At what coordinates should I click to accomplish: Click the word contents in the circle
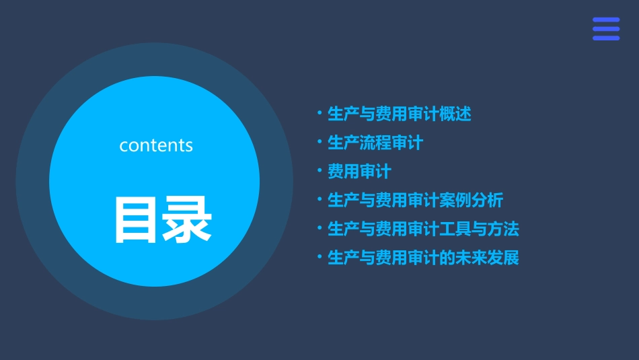click(x=156, y=145)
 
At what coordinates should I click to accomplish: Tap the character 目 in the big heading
click(x=137, y=220)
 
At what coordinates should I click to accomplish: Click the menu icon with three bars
click(x=606, y=29)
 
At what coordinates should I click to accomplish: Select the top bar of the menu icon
click(x=606, y=20)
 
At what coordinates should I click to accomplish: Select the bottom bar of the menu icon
click(x=606, y=38)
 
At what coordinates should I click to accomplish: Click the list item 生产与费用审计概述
click(x=399, y=114)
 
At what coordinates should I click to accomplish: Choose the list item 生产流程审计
click(x=375, y=143)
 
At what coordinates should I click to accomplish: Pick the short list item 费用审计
click(x=359, y=172)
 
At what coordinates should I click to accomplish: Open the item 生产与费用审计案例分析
click(x=415, y=200)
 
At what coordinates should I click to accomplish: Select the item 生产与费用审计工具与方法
click(x=423, y=229)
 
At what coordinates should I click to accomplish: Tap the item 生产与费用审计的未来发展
click(x=423, y=258)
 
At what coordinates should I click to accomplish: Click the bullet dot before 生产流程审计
click(x=319, y=142)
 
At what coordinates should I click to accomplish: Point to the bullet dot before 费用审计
click(x=319, y=171)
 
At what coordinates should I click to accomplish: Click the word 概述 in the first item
click(x=455, y=114)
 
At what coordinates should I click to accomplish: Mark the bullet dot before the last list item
click(x=319, y=257)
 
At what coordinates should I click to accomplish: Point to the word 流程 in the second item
click(x=375, y=143)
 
